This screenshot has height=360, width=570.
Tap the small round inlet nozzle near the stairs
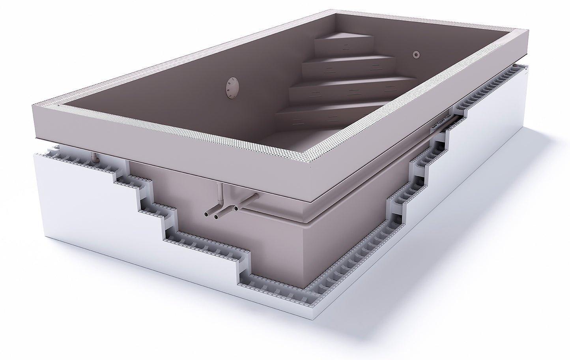[416, 54]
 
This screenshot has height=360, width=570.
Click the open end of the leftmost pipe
[207, 214]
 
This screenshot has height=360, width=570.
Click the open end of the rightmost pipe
[236, 207]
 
